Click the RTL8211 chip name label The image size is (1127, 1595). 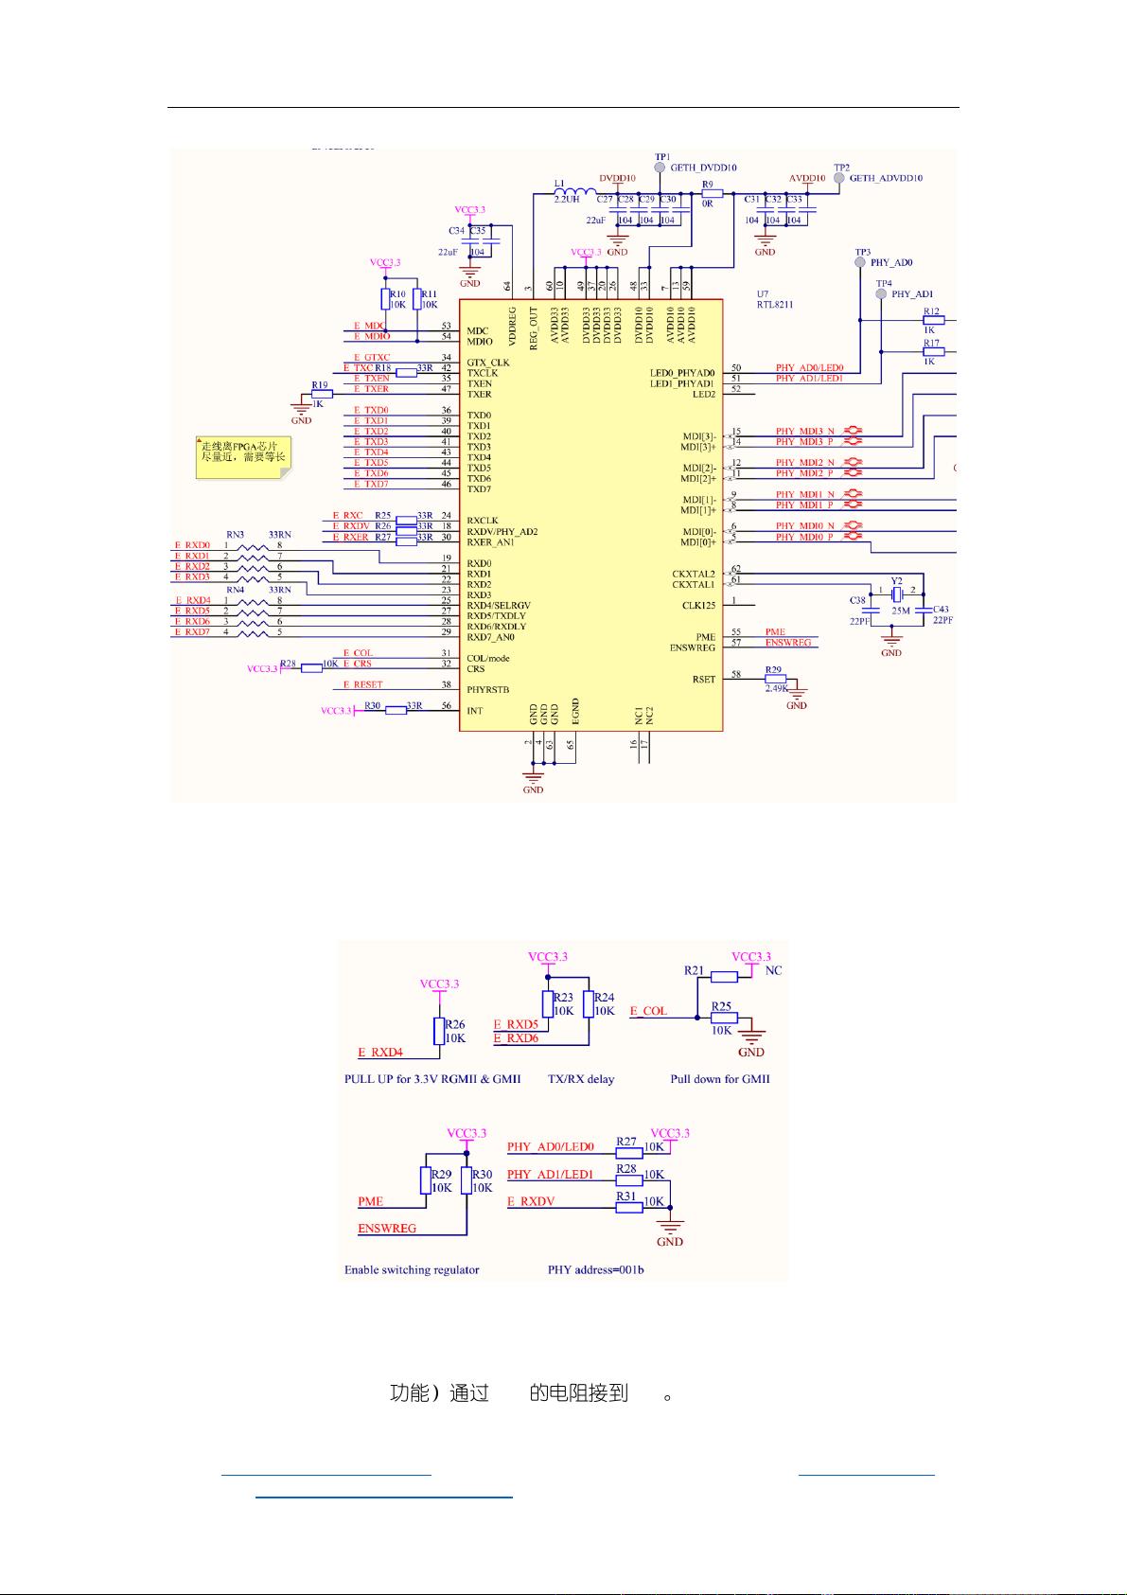774,305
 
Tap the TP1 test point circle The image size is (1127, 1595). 660,168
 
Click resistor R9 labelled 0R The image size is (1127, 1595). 712,193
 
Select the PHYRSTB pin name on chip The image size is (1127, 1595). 487,689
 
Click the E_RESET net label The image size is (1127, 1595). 362,684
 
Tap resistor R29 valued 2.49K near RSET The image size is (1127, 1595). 775,678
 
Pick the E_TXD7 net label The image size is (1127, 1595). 371,484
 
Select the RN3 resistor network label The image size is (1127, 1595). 235,535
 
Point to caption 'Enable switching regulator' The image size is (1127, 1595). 412,1269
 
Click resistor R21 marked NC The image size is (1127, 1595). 724,977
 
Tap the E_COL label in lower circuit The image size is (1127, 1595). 649,1011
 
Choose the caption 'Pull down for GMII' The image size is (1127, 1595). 719,1078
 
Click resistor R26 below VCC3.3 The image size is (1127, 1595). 438,1031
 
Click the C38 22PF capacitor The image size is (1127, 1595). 872,611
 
